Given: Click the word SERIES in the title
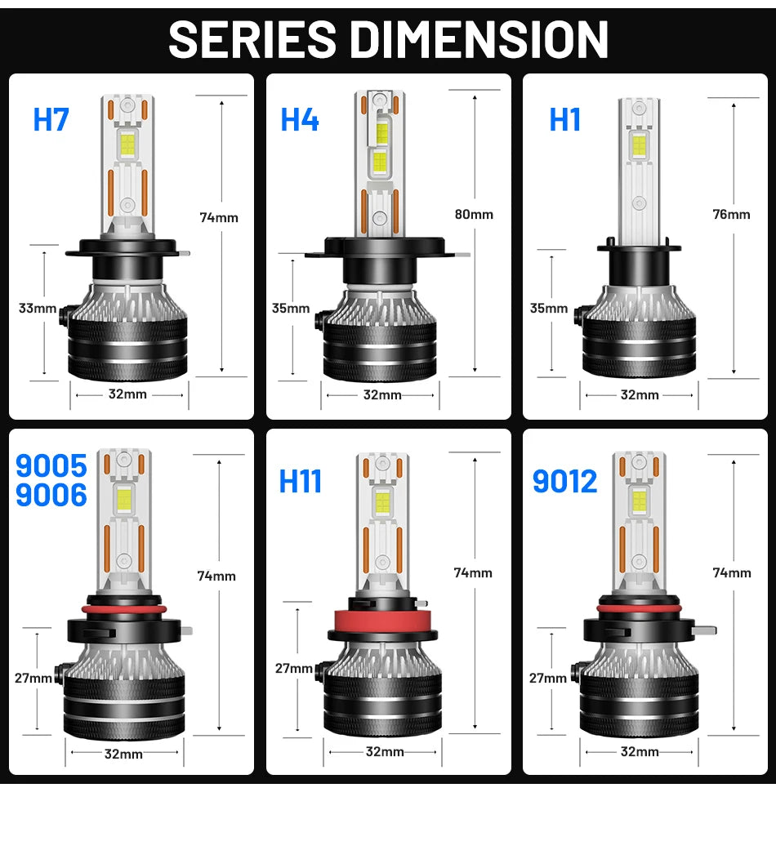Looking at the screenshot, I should [252, 38].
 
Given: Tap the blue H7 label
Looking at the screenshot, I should [51, 119].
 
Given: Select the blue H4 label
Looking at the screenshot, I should [300, 119].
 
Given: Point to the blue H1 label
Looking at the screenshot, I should [565, 119].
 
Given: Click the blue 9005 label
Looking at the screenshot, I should [51, 465].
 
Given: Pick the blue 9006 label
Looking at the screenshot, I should [51, 495].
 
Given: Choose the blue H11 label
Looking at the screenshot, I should [301, 481].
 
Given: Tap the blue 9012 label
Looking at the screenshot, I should [565, 481].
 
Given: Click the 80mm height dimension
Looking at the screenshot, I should [474, 215].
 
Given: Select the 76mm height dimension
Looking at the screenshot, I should [731, 215].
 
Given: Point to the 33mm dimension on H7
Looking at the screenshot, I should [38, 308].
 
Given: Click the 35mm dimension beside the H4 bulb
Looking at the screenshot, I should [291, 308].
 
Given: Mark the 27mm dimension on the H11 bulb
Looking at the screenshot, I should [293, 668].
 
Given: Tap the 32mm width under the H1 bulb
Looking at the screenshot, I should [639, 395].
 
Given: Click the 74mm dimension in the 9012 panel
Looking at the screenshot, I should [731, 572].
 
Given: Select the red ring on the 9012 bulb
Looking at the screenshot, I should [639, 608].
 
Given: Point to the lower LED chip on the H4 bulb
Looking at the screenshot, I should [380, 162].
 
